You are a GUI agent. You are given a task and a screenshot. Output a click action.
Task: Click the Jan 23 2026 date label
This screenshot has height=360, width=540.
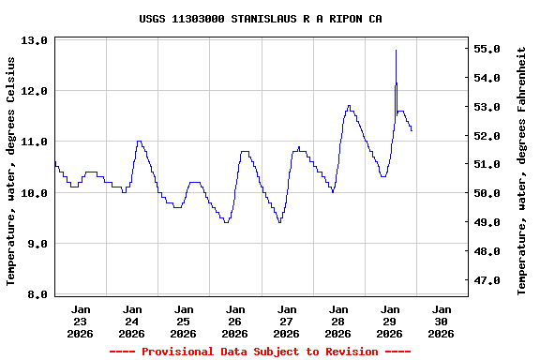[x=81, y=321]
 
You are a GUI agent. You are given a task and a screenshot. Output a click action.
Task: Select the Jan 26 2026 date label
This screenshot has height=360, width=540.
[x=235, y=321]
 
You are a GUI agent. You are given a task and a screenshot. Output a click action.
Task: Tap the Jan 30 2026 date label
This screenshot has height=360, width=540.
[x=441, y=321]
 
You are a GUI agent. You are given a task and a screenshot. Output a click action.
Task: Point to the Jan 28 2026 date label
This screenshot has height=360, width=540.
[x=338, y=321]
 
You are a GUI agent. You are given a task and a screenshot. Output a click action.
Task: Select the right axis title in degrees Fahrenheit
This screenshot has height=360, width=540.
[x=522, y=171]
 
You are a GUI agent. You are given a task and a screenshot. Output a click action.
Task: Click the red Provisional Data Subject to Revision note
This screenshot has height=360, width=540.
[x=260, y=352]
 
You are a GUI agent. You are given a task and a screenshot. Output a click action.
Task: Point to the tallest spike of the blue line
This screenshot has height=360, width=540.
[x=396, y=51]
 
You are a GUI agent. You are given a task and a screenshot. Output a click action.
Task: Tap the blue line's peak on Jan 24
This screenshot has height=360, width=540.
[x=139, y=142]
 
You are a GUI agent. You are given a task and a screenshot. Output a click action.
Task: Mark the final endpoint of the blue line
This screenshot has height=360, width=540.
[x=412, y=130]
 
